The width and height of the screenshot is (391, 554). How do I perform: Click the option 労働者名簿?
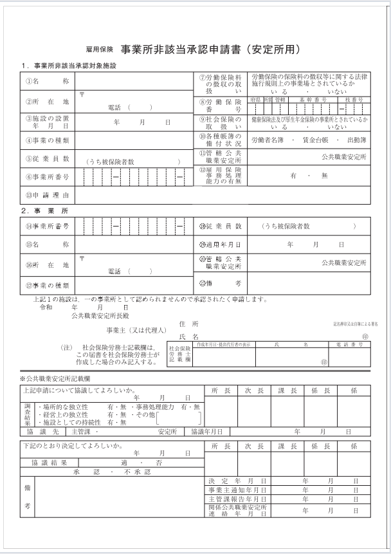click(269, 139)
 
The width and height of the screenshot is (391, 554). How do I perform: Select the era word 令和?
click(46, 308)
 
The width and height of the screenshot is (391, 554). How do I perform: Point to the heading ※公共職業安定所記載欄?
click(59, 379)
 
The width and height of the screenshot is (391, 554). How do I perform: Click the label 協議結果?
click(50, 463)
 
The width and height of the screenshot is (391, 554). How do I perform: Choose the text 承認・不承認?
click(112, 472)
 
